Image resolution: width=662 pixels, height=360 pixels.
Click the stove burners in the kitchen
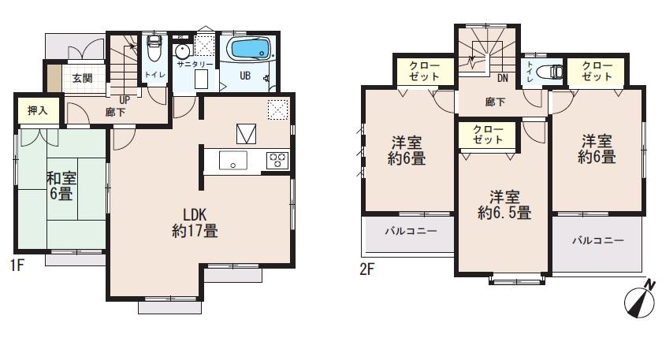(277, 160)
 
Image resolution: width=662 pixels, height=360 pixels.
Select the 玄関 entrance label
(83, 79)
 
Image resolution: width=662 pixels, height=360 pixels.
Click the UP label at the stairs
(125, 100)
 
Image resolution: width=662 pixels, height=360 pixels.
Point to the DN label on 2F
(503, 77)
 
